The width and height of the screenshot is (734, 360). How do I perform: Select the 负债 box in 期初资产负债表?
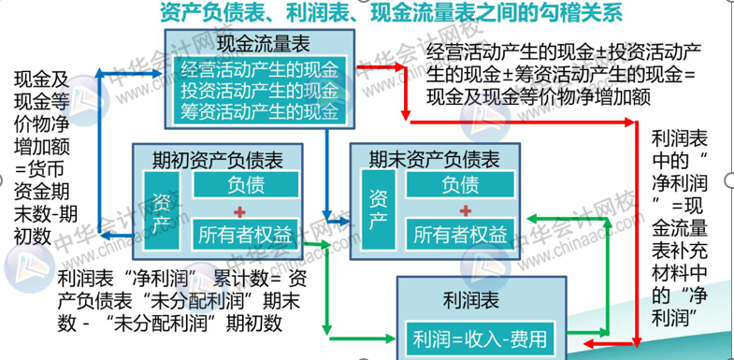245,184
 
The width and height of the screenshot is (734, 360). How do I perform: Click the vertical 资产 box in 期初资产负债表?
159,210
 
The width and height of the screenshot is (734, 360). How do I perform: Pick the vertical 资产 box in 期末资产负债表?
377,210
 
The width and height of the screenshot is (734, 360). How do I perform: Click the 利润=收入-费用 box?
476,336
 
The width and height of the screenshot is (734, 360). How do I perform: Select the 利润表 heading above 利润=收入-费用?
477,301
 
